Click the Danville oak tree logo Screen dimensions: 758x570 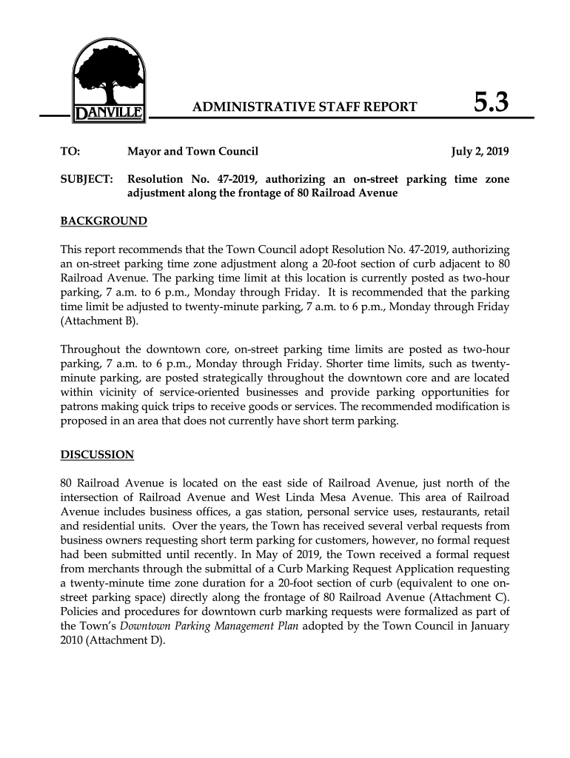point(109,74)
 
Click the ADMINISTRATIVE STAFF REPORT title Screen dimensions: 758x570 point(304,107)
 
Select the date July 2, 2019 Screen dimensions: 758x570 point(480,152)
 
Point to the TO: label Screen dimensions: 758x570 point(70,152)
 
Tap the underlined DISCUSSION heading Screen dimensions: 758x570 point(96,455)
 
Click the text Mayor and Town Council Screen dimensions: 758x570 point(192,152)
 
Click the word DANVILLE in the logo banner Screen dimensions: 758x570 point(109,115)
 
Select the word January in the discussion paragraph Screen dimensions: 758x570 point(488,627)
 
